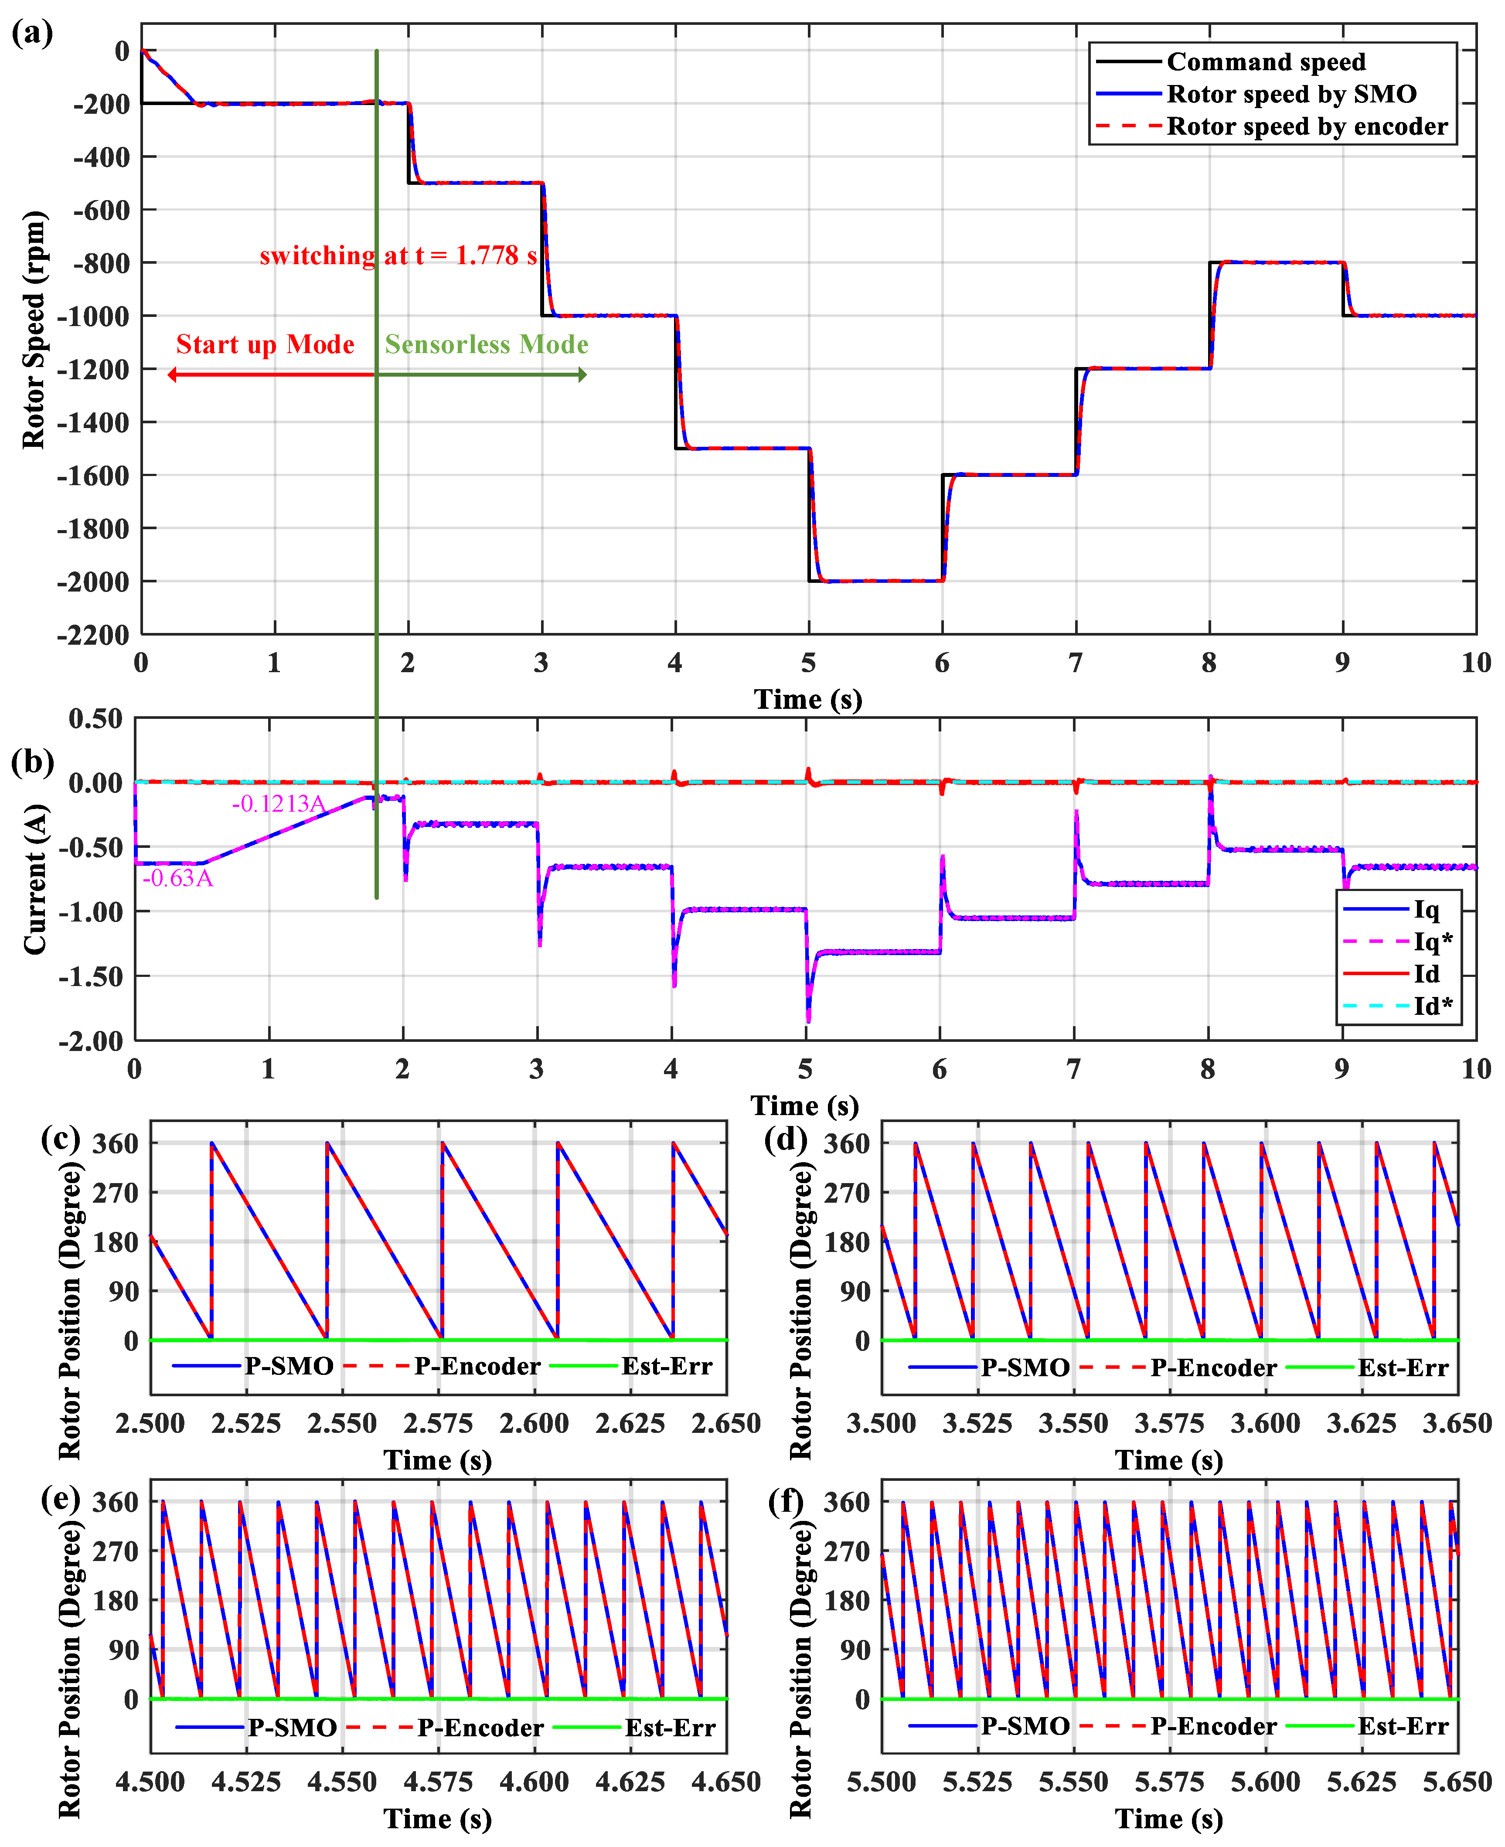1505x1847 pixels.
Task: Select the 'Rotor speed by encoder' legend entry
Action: pyautogui.click(x=1307, y=126)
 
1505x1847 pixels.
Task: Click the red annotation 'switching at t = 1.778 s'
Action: pyautogui.click(x=398, y=256)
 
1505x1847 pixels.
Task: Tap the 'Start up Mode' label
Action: pyautogui.click(x=265, y=345)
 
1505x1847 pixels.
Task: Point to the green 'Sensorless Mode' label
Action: pyautogui.click(x=487, y=345)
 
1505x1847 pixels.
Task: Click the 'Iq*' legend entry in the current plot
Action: pyautogui.click(x=1432, y=941)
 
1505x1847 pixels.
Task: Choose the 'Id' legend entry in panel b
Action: pyautogui.click(x=1426, y=973)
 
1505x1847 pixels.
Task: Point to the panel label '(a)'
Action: pyautogui.click(x=32, y=33)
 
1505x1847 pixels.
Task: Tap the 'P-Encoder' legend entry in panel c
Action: pyautogui.click(x=477, y=1367)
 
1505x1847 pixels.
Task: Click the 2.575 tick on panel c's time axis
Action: pyautogui.click(x=439, y=1423)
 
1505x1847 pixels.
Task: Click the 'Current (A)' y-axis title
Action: pyautogui.click(x=35, y=880)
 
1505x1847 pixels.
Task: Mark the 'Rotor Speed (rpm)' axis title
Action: pyautogui.click(x=33, y=330)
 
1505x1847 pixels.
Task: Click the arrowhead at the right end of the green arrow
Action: pyautogui.click(x=582, y=374)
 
